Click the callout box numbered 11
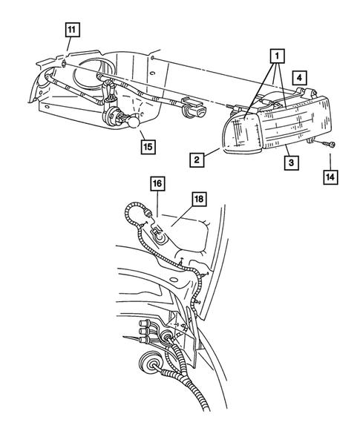(x=71, y=30)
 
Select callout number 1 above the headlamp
(x=276, y=56)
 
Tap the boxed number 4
(x=297, y=77)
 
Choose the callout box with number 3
(x=293, y=160)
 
